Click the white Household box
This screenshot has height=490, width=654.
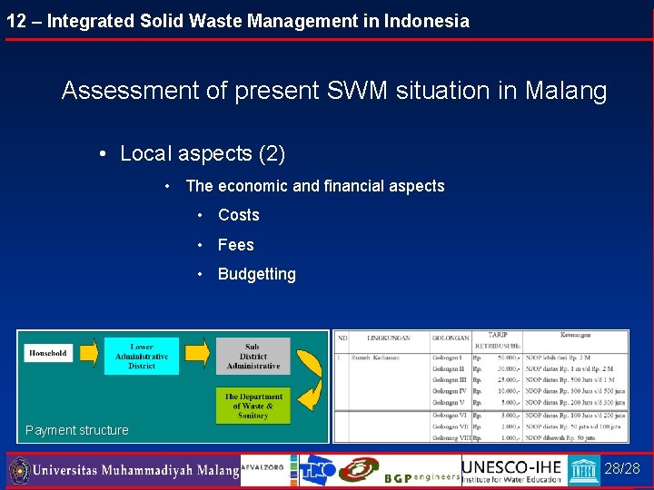pyautogui.click(x=48, y=353)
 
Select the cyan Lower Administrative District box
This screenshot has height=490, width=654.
pyautogui.click(x=141, y=356)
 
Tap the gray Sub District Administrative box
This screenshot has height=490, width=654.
pyautogui.click(x=253, y=356)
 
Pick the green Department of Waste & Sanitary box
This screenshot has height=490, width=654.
pyautogui.click(x=253, y=406)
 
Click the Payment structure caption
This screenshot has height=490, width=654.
pyautogui.click(x=77, y=430)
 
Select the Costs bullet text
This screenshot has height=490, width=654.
pyautogui.click(x=239, y=215)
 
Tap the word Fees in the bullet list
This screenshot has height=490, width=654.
pyautogui.click(x=236, y=245)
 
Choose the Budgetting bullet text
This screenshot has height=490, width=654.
pyautogui.click(x=257, y=274)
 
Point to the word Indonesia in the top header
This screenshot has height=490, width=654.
pyautogui.click(x=427, y=21)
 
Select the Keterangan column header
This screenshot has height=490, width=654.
pyautogui.click(x=575, y=334)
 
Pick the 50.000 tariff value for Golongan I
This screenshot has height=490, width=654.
pyautogui.click(x=508, y=358)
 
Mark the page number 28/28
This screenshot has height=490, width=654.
pyautogui.click(x=622, y=468)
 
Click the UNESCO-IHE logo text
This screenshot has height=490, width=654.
pyautogui.click(x=512, y=465)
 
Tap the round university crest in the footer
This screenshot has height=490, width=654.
pyautogui.click(x=19, y=471)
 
